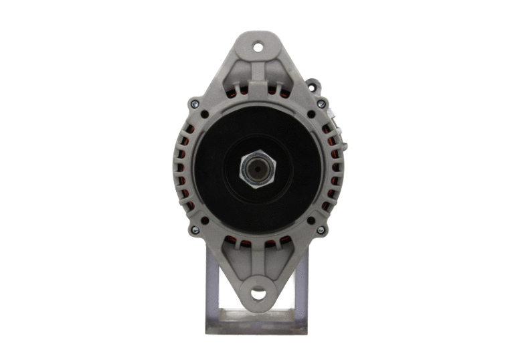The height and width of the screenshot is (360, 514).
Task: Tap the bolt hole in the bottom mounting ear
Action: pos(257,293)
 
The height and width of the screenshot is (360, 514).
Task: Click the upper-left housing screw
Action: pos(194,104)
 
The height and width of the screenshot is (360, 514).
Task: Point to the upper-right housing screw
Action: pos(321,104)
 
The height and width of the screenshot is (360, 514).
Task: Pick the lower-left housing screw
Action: pos(195,230)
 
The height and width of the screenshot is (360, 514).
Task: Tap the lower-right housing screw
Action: pos(321,230)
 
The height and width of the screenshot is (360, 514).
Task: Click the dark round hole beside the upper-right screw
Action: pos(311,114)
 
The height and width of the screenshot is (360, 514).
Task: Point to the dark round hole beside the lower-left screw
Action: pos(204,220)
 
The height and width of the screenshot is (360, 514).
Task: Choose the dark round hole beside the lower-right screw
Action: pos(311,220)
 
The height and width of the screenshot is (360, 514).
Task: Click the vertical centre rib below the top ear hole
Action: pos(257,74)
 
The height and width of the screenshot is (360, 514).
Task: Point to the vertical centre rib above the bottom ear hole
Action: pos(257,264)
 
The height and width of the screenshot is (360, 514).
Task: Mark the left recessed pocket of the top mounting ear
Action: pos(244,74)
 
